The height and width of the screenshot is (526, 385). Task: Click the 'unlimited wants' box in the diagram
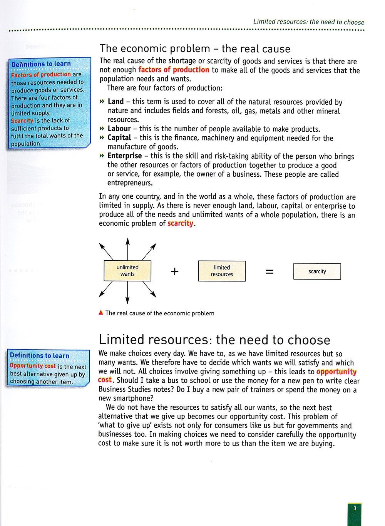point(127,271)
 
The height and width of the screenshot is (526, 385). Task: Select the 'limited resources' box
point(222,271)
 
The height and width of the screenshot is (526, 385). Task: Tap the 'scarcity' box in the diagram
point(317,271)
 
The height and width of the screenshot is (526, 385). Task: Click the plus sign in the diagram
point(174,271)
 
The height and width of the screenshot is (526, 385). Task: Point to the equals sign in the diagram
point(269,271)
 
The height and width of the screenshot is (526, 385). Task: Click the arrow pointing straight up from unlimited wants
point(127,248)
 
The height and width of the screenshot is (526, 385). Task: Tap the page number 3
point(355,508)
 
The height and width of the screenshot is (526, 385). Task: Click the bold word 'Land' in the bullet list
point(115,102)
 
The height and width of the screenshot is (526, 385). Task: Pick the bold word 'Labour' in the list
point(119,129)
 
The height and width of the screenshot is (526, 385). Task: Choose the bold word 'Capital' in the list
point(119,138)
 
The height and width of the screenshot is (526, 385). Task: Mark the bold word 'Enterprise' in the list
point(124,156)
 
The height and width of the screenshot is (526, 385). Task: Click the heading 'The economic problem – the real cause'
point(195,49)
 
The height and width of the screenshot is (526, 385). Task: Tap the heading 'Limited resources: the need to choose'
point(214,340)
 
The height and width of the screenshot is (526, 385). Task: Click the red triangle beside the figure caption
point(101,313)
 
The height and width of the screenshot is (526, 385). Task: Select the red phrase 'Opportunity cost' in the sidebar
point(33,366)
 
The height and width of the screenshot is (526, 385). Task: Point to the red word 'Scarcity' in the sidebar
point(22,121)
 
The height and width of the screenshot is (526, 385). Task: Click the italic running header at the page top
point(308,22)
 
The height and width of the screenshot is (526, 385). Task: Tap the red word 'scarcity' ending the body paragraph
point(180,223)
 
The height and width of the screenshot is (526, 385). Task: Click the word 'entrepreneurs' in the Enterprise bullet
point(130,183)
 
